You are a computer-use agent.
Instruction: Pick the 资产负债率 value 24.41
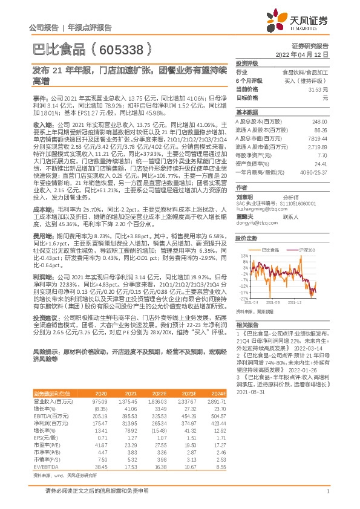pyautogui.click(x=321, y=163)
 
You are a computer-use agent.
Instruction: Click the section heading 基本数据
pyautogui.click(x=246, y=112)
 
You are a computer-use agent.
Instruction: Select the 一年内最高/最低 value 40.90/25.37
pyautogui.click(x=316, y=172)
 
